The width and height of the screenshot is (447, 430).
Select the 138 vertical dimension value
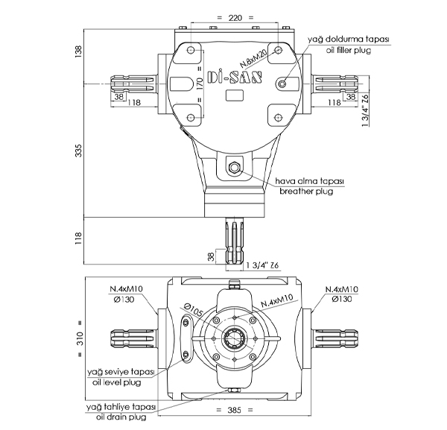(x=78, y=50)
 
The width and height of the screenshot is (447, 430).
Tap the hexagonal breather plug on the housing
(x=234, y=168)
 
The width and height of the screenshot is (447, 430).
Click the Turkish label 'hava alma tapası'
(x=309, y=181)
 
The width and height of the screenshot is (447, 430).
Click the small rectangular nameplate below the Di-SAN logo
(x=233, y=95)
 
